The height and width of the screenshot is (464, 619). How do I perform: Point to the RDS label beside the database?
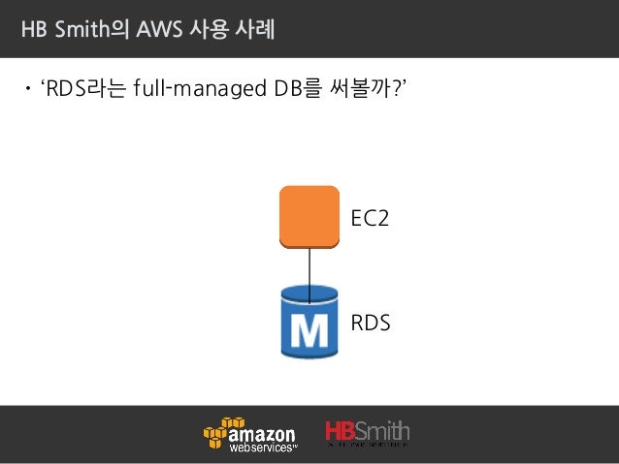[370, 323]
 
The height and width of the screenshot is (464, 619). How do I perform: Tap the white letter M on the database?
[309, 331]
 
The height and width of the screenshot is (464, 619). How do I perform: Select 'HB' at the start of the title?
[35, 30]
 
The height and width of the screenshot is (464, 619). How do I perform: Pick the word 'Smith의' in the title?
[86, 30]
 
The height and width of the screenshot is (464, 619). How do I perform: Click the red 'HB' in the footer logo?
[342, 431]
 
